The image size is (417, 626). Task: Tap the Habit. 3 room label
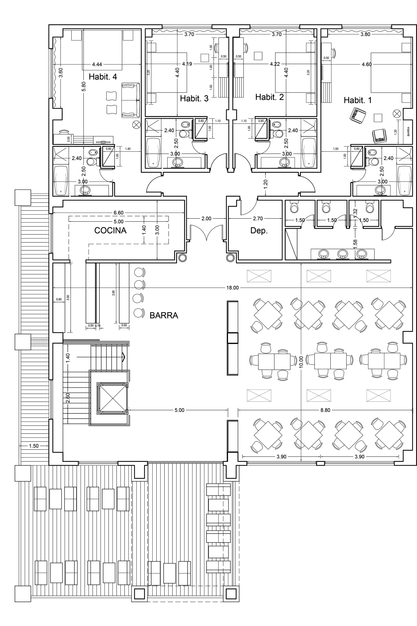[x=194, y=99]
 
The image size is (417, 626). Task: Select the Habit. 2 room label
[x=269, y=97]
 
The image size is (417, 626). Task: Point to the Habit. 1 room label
[x=358, y=100]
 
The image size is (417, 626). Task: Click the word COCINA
[x=110, y=230]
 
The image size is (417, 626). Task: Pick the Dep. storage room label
[x=259, y=231]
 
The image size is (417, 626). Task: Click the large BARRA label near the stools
[x=164, y=315]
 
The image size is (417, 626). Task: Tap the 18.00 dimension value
[x=232, y=288]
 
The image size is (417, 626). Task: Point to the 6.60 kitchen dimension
[x=119, y=213]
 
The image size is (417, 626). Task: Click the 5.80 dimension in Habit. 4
[x=84, y=86]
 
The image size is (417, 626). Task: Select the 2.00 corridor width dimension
[x=206, y=219]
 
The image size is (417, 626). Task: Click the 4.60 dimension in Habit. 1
[x=367, y=64]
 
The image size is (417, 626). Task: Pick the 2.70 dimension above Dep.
[x=258, y=219]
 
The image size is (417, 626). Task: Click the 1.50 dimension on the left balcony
[x=34, y=446]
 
